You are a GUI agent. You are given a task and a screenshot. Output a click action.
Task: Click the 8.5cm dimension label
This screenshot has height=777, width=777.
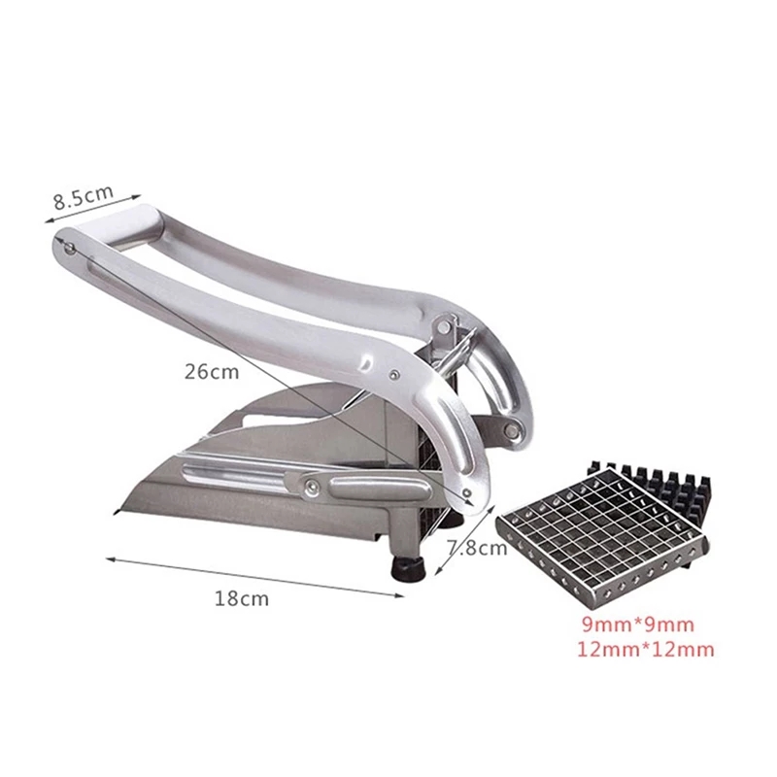84,197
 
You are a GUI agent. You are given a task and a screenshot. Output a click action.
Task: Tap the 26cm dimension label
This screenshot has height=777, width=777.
212,372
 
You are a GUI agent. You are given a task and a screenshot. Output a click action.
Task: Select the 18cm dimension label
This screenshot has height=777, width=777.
241,598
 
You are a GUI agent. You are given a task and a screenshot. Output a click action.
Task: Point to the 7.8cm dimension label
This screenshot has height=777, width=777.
478,548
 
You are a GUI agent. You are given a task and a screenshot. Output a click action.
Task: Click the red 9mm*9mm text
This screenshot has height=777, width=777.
638,625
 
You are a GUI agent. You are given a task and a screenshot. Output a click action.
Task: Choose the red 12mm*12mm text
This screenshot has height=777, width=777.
646,649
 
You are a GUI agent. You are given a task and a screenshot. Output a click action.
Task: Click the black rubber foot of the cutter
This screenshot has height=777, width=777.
409,569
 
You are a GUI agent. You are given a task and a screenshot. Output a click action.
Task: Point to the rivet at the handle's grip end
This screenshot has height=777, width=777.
71,250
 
